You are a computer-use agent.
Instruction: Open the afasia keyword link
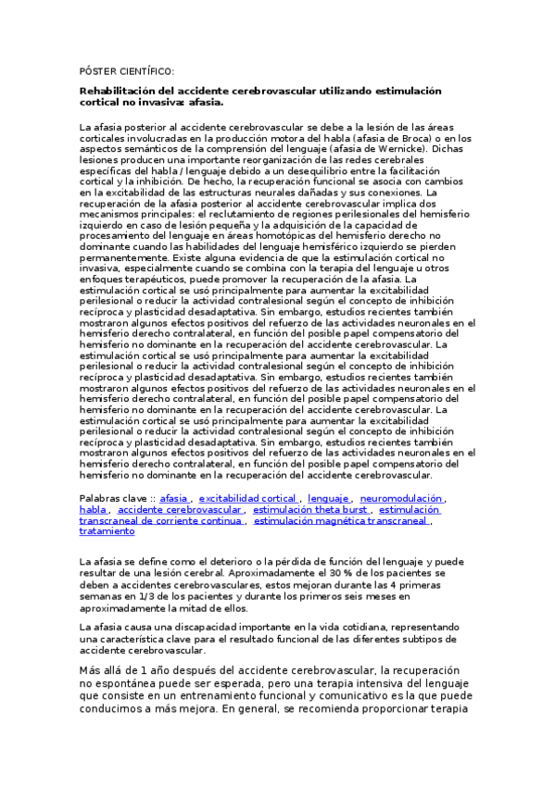click(174, 498)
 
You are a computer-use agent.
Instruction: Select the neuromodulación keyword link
click(401, 498)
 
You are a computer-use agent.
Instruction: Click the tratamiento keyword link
click(107, 531)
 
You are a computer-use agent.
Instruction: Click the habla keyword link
click(94, 509)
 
